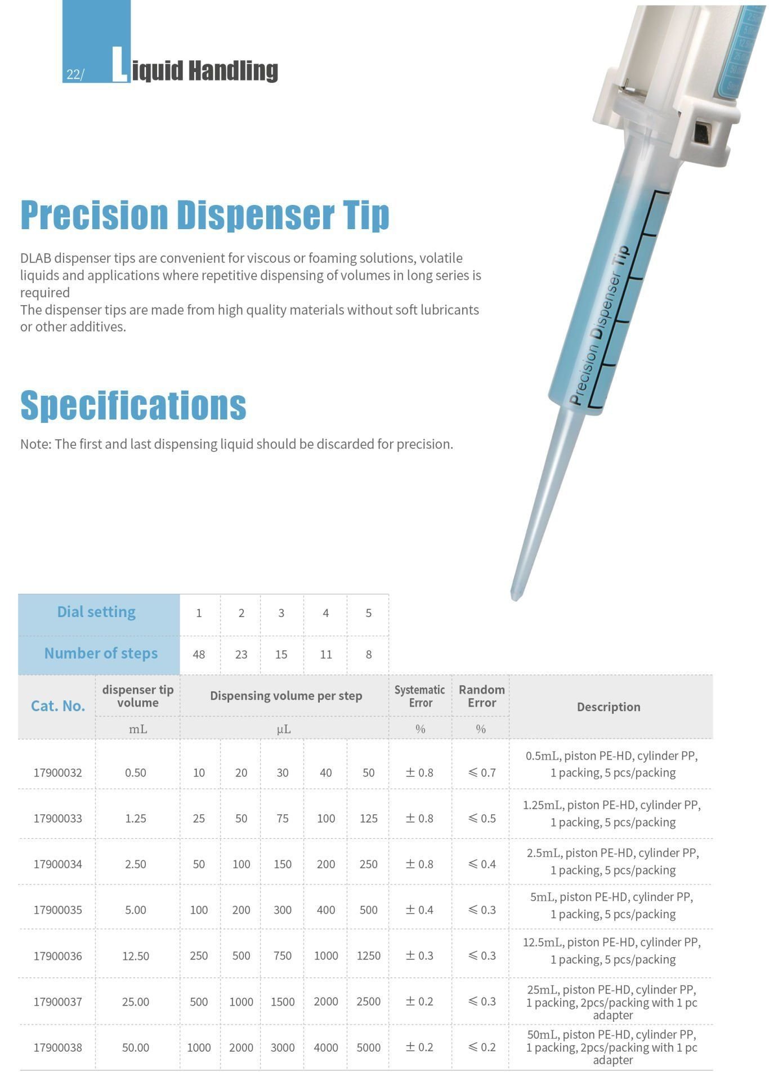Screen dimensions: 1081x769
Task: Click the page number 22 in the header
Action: [x=73, y=74]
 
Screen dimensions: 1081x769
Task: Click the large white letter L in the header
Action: [x=119, y=65]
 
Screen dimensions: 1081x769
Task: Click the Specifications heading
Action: [x=133, y=405]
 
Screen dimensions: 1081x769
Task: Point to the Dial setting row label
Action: [x=96, y=612]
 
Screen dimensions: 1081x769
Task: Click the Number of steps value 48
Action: [x=199, y=654]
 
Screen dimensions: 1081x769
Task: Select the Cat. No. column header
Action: [x=57, y=706]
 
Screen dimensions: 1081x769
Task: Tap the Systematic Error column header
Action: [x=419, y=696]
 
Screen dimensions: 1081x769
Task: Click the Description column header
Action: [x=609, y=707]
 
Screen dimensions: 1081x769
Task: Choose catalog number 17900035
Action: [x=57, y=910]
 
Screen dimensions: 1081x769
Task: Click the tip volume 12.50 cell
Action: [x=136, y=956]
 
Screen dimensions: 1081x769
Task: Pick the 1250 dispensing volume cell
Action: [x=368, y=956]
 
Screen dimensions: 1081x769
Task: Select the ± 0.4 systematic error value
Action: [x=419, y=910]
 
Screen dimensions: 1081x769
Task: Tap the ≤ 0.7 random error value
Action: [x=482, y=772]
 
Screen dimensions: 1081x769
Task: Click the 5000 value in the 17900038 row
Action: [x=368, y=1048]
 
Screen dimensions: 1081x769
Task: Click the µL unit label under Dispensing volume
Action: [x=284, y=729]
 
